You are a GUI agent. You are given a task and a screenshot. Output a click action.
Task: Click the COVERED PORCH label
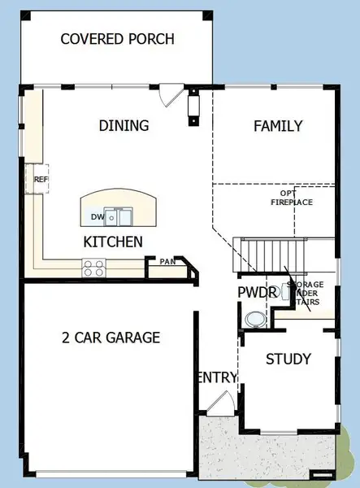[117, 40]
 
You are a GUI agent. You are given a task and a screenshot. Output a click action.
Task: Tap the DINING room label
[124, 126]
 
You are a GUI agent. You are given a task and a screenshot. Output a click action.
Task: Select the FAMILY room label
[278, 126]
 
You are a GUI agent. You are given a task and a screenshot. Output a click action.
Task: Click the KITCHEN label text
[113, 242]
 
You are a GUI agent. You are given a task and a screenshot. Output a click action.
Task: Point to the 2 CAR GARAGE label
[111, 338]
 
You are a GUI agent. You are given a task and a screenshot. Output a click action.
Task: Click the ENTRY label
[217, 377]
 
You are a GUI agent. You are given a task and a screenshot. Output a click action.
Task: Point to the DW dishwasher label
[97, 217]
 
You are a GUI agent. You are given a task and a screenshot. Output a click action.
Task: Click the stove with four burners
[93, 265]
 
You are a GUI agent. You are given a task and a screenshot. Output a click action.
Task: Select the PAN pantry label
[167, 262]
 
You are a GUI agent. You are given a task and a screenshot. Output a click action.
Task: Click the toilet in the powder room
[255, 318]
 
